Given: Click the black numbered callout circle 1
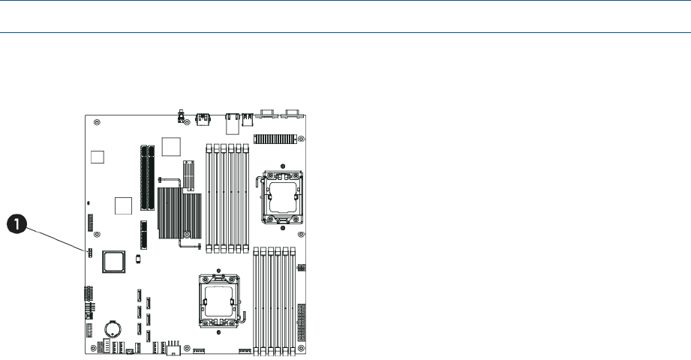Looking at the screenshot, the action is click(18, 222).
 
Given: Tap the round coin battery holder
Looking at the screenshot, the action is click(114, 327).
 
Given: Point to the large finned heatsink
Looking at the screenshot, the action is click(180, 214).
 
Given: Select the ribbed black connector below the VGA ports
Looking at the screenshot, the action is click(275, 139).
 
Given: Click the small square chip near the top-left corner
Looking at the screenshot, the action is click(97, 156).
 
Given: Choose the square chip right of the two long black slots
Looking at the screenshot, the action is click(172, 146).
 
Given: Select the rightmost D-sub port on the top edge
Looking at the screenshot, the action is click(293, 115).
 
